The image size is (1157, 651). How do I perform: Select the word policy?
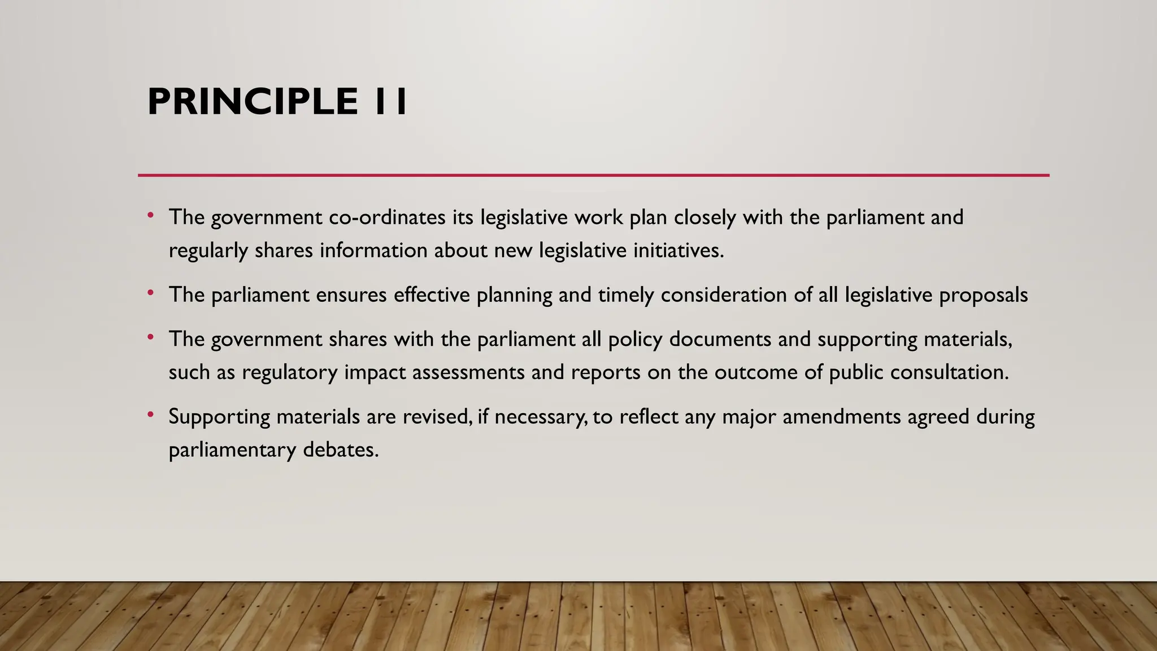(635, 340)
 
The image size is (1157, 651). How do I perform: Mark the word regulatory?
(289, 373)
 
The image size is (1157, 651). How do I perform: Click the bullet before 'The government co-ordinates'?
(150, 215)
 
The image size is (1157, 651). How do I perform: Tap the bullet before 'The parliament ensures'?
(150, 293)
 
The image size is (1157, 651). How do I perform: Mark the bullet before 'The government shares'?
(150, 337)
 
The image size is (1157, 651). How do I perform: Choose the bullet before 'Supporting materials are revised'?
(150, 415)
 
